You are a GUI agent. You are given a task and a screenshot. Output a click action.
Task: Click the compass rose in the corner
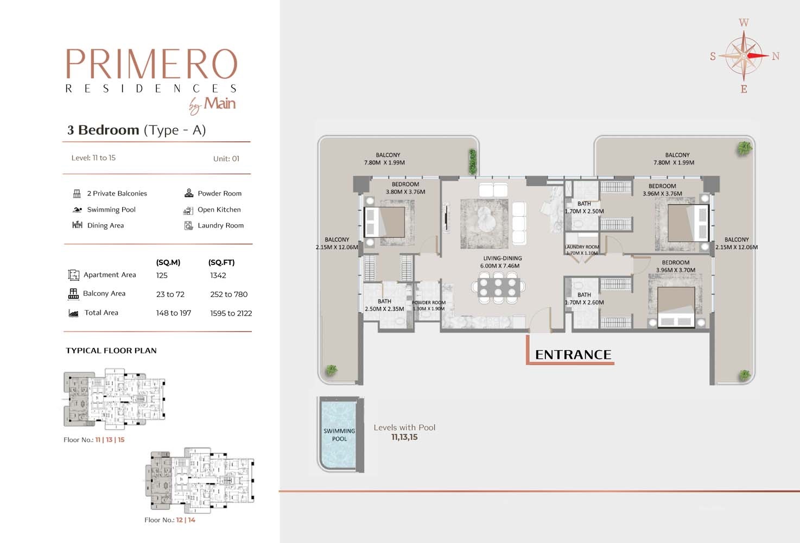pos(744,55)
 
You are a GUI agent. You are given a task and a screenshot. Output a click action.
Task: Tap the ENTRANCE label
pos(573,355)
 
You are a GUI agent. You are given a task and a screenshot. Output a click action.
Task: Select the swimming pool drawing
pos(339,434)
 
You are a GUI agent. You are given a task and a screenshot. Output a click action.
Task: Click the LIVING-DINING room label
pos(502,262)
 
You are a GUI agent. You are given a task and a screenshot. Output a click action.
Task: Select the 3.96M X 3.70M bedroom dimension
pos(675,270)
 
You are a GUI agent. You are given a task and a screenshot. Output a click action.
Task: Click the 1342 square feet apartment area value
pos(218,275)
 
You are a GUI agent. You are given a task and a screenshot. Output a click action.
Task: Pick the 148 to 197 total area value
pos(174,313)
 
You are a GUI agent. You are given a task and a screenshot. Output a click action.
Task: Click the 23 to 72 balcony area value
pos(170,294)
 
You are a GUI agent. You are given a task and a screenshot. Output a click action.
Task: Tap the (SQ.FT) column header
pos(221,262)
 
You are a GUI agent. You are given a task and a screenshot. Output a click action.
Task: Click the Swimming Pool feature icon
pos(77,210)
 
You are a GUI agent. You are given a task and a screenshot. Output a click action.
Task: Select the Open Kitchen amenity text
pos(219,210)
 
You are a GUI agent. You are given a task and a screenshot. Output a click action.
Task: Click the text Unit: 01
pos(226,159)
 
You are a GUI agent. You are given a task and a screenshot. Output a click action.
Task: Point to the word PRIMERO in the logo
pos(151,65)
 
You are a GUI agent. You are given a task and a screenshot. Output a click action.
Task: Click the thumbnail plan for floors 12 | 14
pos(199,479)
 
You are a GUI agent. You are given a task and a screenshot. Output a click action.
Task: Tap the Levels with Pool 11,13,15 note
pos(404,432)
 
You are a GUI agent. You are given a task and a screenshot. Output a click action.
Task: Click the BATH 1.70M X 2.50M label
pos(584,207)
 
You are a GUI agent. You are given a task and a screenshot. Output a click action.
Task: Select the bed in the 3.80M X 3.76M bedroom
pos(385,222)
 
